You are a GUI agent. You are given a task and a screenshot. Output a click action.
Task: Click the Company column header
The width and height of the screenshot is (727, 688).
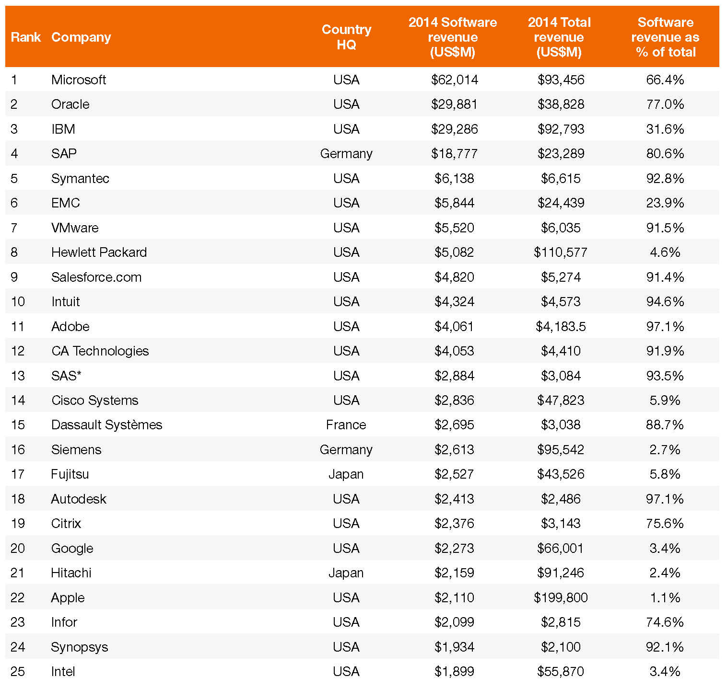[x=81, y=37]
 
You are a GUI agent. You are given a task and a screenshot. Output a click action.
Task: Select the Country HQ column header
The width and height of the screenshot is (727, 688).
[x=346, y=37]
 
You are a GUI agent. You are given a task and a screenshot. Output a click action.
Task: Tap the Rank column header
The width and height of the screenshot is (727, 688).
[x=26, y=37]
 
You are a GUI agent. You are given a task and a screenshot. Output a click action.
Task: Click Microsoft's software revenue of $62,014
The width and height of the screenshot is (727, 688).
[x=454, y=80]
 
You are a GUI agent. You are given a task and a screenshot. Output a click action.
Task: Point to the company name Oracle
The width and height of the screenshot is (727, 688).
[x=70, y=104]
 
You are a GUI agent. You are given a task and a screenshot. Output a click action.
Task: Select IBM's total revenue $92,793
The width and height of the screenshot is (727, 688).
[x=561, y=129]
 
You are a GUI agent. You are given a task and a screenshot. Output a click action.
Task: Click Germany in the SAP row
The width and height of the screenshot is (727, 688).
[x=346, y=154]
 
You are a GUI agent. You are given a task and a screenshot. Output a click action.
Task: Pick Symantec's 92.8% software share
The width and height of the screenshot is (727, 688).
[x=665, y=178]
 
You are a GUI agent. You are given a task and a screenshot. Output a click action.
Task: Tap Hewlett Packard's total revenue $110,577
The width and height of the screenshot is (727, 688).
[x=561, y=252]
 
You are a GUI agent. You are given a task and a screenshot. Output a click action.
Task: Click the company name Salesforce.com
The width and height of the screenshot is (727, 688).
[x=96, y=277]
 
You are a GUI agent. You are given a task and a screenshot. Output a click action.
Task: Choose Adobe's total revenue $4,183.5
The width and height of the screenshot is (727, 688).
[x=561, y=326]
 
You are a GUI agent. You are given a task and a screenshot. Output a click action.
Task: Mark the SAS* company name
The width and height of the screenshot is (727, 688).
[x=66, y=376]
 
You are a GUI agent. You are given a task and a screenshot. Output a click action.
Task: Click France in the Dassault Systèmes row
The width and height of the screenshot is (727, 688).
[x=346, y=424]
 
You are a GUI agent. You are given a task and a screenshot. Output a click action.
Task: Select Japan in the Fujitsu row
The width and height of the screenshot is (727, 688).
[x=346, y=474]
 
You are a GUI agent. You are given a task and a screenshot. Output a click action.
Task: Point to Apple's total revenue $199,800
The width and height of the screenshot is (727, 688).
[x=561, y=597]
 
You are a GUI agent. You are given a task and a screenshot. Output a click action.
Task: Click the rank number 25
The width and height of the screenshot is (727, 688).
[x=18, y=671]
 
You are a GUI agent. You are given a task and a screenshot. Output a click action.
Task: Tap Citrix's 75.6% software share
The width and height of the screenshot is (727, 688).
[x=665, y=523]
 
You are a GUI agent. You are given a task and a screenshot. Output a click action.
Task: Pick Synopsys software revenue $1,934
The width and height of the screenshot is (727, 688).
[x=454, y=647]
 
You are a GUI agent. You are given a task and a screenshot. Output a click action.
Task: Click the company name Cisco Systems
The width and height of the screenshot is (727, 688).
[x=95, y=400]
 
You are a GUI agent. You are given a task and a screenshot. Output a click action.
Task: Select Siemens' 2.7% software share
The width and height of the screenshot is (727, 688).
[x=665, y=449]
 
